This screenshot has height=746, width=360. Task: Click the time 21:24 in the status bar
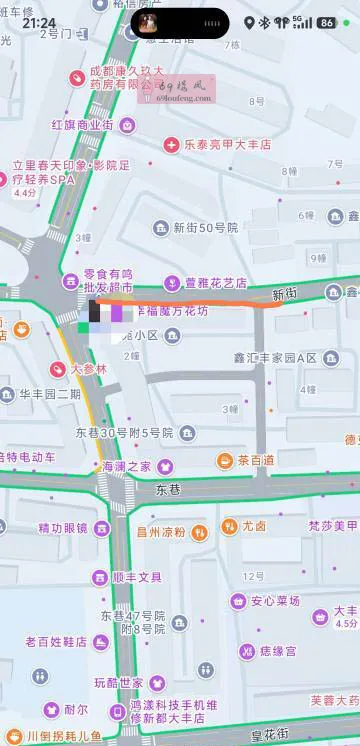pos(39,22)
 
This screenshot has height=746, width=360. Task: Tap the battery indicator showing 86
pos(326,22)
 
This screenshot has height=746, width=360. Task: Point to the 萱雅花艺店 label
pos(216,283)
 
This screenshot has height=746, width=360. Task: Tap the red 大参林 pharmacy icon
pos(58,369)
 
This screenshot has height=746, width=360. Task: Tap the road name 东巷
pos(167,490)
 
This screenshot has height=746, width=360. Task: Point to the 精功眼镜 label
pos(62,527)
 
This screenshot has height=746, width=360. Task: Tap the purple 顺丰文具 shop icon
pos(99,577)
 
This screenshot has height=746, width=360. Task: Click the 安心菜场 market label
pos(276,601)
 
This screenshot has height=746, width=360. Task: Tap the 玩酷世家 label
pos(119,683)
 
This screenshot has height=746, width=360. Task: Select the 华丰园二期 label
pos(49,393)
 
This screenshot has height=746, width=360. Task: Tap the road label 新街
pos(285,294)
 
